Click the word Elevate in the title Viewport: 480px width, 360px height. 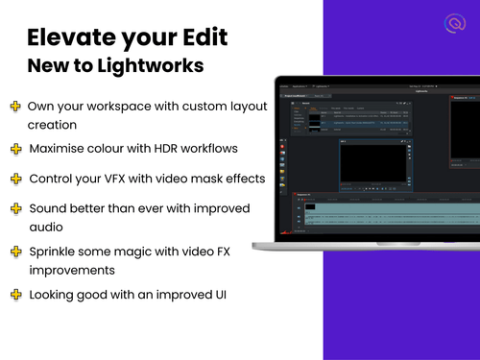pos(75,39)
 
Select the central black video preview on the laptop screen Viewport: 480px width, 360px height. pos(373,163)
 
